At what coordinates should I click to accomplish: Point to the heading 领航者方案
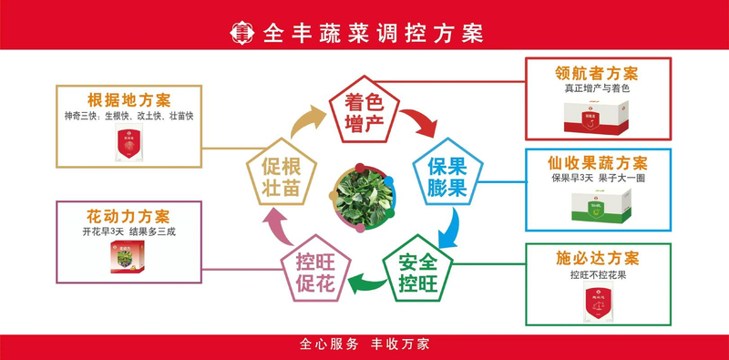597,73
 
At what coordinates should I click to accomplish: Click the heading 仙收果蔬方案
599,163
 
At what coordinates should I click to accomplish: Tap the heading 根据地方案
129,100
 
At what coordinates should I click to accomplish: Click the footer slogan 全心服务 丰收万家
364,345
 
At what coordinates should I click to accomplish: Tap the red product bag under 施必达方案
598,302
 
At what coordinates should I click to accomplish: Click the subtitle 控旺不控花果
599,275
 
